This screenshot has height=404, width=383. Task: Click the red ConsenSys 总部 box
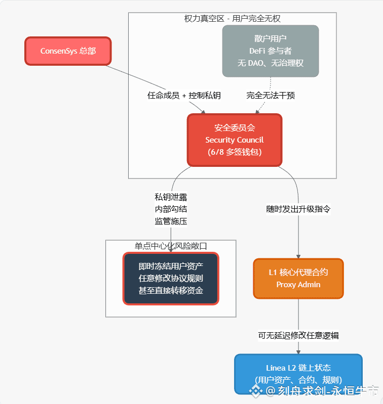(x=68, y=51)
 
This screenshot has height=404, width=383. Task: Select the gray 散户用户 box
(x=270, y=51)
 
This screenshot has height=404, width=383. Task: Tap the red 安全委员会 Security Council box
(x=234, y=140)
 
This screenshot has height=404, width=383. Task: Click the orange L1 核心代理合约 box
(x=298, y=279)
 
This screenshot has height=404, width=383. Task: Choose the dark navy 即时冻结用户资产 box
(x=171, y=279)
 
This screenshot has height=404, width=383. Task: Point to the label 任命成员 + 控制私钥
(x=184, y=96)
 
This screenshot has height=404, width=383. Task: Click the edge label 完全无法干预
(x=271, y=96)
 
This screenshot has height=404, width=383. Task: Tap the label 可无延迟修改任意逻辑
(x=298, y=335)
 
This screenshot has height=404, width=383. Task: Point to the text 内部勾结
(x=171, y=209)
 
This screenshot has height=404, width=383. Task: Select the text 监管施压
(x=171, y=221)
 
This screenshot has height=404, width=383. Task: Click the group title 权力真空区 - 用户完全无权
(x=232, y=19)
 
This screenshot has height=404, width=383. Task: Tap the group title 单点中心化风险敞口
(x=171, y=246)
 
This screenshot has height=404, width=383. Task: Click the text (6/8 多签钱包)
(x=234, y=152)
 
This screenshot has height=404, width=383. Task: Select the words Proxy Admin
(x=298, y=285)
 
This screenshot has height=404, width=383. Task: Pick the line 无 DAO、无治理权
(x=270, y=63)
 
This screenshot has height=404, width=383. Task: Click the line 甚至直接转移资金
(x=171, y=290)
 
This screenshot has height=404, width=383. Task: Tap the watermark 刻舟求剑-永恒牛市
(x=322, y=390)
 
